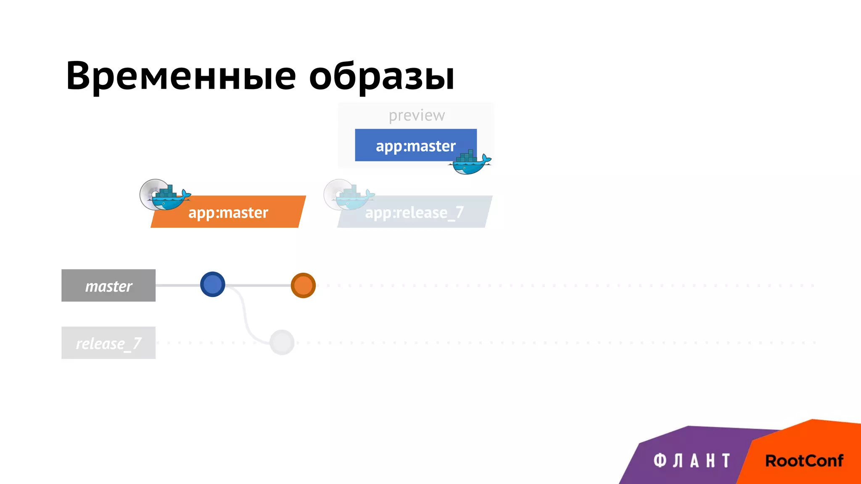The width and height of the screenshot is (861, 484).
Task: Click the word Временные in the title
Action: click(x=181, y=76)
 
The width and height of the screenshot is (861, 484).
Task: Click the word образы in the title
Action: click(x=381, y=76)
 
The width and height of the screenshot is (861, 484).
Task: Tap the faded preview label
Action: click(x=416, y=115)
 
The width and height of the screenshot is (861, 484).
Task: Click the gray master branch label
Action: click(x=108, y=286)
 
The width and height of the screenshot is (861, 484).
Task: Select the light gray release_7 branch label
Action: click(x=108, y=343)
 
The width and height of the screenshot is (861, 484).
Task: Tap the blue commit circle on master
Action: click(x=213, y=284)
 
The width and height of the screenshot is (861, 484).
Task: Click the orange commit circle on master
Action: click(x=303, y=285)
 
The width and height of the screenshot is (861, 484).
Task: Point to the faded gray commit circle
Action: click(x=282, y=342)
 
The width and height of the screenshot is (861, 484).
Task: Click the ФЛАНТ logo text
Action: click(x=692, y=461)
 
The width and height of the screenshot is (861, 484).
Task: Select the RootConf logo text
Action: click(x=804, y=461)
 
